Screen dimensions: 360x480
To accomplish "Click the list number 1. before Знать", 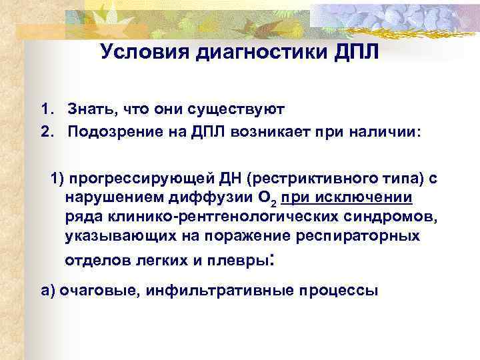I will [46, 109].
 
